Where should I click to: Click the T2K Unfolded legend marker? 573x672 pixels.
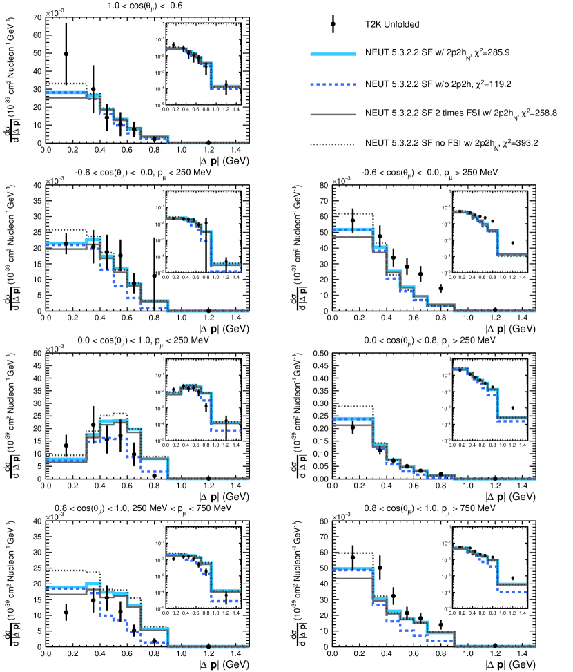coord(333,23)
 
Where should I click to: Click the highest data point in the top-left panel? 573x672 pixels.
coord(66,54)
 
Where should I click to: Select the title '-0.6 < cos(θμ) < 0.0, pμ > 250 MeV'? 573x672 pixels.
coord(423,173)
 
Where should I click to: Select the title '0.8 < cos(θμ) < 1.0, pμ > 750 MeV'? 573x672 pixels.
coord(423,509)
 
